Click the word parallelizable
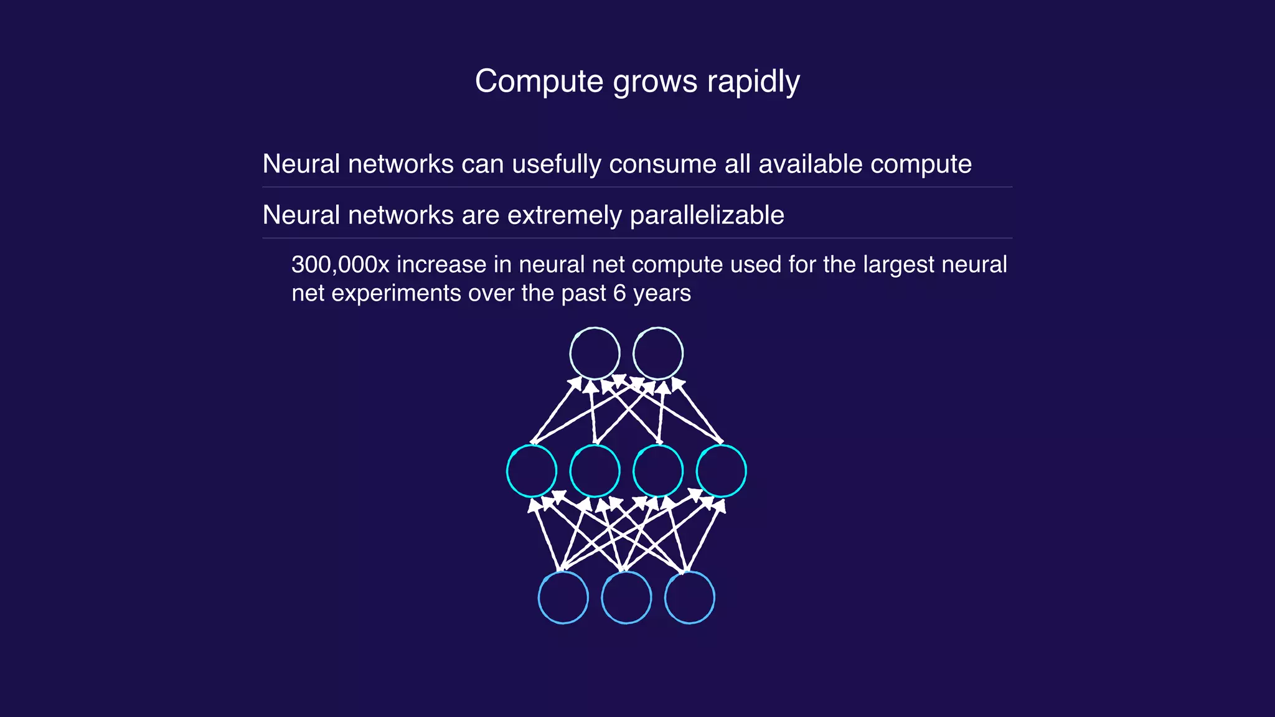coord(707,215)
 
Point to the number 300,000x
coord(340,265)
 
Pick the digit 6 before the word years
coord(619,293)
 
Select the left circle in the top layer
coord(595,353)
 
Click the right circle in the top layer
coord(658,353)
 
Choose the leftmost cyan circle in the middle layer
coord(532,471)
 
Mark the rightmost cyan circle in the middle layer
coord(722,471)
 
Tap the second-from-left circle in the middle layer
coord(595,471)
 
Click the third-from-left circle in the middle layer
coord(658,471)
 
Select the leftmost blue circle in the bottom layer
coord(563,597)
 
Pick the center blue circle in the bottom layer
coord(626,597)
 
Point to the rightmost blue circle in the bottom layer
coord(690,597)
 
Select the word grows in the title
coord(656,82)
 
